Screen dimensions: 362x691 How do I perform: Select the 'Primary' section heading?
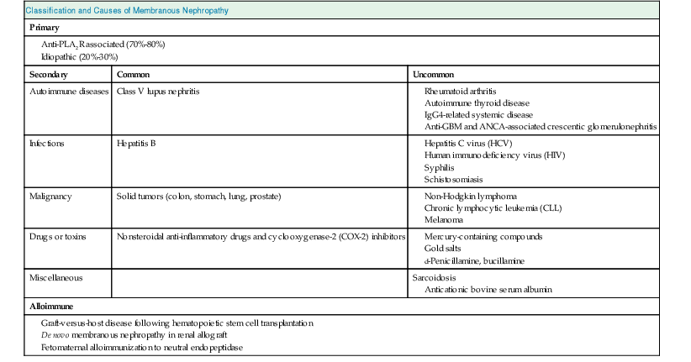[x=45, y=27]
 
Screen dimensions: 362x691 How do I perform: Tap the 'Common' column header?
[x=133, y=74]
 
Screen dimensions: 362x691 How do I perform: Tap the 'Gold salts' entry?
[x=440, y=249]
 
